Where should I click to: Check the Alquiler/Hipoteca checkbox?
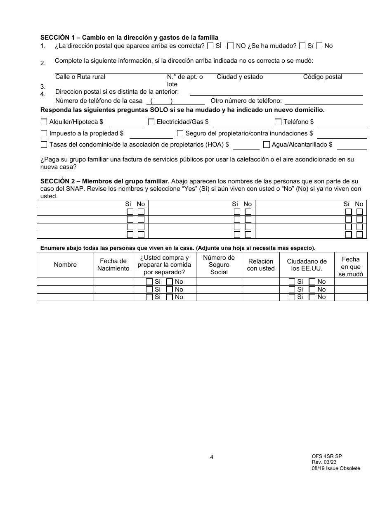point(44,122)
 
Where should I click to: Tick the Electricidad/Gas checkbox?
point(151,122)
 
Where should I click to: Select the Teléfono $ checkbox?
point(278,122)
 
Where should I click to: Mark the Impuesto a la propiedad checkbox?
point(44,133)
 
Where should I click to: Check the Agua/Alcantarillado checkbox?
point(267,145)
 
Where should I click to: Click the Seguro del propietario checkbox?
point(180,133)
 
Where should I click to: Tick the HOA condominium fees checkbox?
point(44,145)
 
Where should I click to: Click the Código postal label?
point(323,77)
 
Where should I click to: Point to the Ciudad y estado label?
point(240,77)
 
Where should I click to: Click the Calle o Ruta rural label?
point(80,77)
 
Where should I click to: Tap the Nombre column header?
point(65,265)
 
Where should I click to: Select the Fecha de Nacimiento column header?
point(113,265)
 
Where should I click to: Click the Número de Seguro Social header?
point(219,265)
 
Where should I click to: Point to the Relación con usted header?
point(261,265)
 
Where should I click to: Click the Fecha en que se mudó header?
point(351,266)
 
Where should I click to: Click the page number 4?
point(212,457)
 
